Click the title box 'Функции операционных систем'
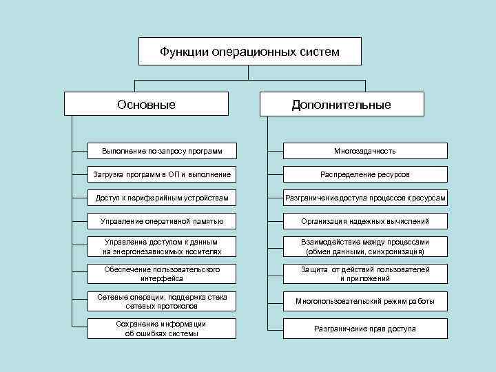(x=249, y=51)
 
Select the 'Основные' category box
(x=146, y=104)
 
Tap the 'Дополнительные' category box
(x=341, y=104)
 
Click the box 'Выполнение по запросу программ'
(x=162, y=151)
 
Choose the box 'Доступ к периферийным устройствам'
(x=162, y=198)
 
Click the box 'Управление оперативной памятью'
(x=162, y=221)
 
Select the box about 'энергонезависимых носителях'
(x=162, y=247)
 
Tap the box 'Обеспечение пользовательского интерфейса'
(x=162, y=274)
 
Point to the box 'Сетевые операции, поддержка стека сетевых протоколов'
(x=162, y=301)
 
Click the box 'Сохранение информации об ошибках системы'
(x=162, y=329)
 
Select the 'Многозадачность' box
(x=365, y=151)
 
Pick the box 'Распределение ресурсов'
(x=365, y=174)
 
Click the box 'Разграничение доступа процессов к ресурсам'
(x=365, y=198)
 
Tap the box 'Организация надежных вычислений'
(x=365, y=221)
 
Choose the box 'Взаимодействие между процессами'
(x=365, y=247)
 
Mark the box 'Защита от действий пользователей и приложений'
(x=365, y=274)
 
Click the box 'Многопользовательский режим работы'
(x=365, y=301)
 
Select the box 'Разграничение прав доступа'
(x=365, y=329)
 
